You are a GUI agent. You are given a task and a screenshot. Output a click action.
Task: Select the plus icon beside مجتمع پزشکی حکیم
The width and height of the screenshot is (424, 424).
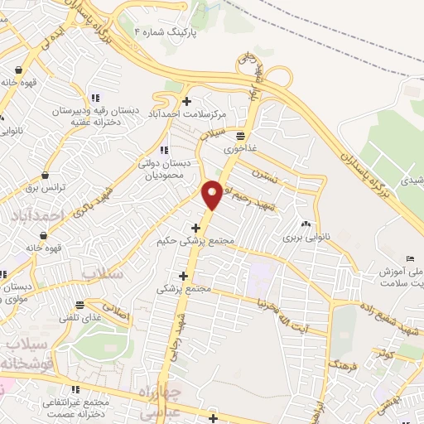tap(196, 228)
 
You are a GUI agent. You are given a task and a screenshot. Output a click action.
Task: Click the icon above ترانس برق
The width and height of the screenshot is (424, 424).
tap(44, 176)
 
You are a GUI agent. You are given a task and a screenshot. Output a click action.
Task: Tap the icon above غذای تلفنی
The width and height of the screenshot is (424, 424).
tap(79, 304)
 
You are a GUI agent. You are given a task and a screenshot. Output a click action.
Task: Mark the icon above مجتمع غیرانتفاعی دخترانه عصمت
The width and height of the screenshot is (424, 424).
tap(75, 388)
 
